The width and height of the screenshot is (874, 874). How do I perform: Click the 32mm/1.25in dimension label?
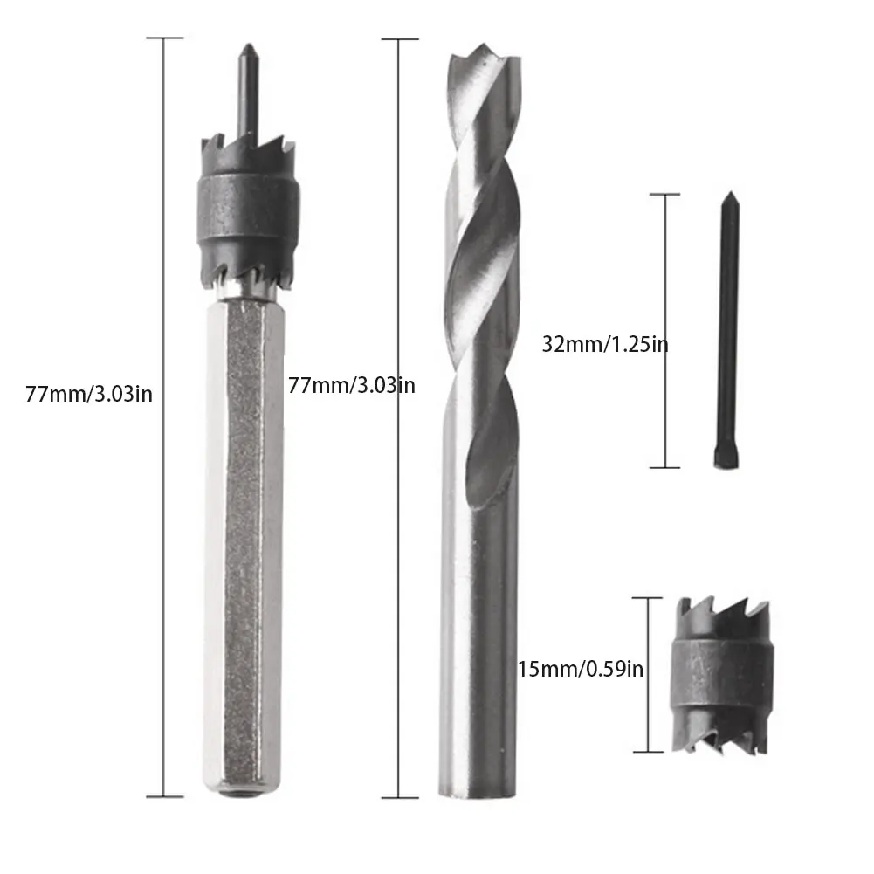point(605,344)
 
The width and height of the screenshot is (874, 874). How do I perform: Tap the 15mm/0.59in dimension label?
point(581,670)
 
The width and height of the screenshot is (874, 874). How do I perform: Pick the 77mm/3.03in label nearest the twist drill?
point(351,384)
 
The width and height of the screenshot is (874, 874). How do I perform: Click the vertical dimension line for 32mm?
point(666,332)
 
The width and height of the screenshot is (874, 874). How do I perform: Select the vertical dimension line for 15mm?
point(646,674)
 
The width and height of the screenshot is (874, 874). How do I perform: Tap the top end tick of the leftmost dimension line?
point(164,38)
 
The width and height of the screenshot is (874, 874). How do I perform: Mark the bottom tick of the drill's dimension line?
point(399,797)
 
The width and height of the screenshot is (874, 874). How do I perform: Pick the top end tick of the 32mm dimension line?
point(666,195)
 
